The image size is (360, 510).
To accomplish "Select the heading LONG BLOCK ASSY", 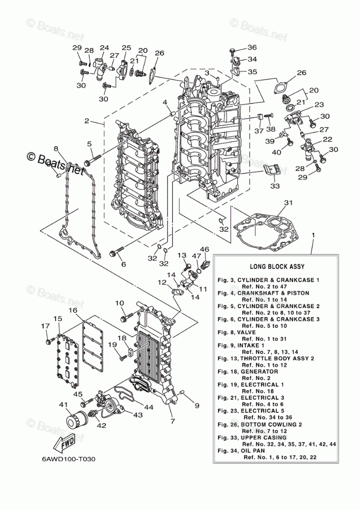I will [x=277, y=267].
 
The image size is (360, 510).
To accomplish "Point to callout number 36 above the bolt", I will [x=252, y=47].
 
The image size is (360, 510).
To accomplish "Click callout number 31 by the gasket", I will [x=288, y=203].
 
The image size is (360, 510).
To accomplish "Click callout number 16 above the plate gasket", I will [x=73, y=310].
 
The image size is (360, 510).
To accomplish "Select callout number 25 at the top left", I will [x=126, y=48].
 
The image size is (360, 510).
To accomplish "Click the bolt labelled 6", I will [x=116, y=253].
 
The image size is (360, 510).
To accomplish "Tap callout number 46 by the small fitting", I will [x=204, y=249].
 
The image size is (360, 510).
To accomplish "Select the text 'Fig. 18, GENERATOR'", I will [x=248, y=371].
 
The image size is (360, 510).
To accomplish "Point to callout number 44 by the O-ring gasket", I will [x=149, y=407].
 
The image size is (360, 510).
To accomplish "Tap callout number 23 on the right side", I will [x=319, y=105].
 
